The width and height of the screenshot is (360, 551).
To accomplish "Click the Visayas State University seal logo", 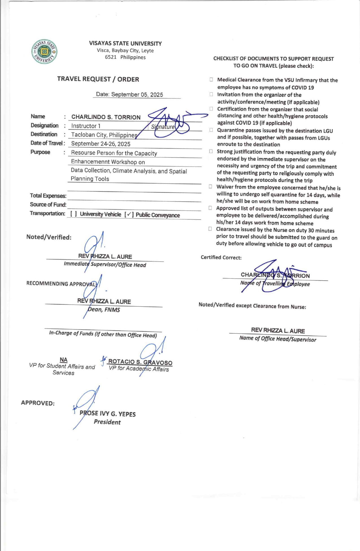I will click(x=44, y=52).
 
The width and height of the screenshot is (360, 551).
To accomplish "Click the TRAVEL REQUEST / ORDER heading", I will click(x=98, y=79).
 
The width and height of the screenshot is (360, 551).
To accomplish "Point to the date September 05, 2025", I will click(x=129, y=94).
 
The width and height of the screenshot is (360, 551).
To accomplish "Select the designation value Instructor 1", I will click(x=86, y=126).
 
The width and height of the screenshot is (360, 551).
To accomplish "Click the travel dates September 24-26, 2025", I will click(x=101, y=144).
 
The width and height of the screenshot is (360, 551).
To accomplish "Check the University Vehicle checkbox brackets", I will click(x=73, y=214).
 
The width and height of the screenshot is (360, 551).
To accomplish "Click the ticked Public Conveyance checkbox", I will click(x=129, y=215).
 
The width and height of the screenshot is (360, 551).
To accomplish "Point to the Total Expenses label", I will click(x=48, y=196).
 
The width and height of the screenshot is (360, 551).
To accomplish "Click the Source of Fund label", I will click(x=48, y=205).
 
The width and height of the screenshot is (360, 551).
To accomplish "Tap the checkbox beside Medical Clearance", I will click(x=211, y=80).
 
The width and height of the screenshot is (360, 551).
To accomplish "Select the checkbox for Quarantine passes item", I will click(x=211, y=130).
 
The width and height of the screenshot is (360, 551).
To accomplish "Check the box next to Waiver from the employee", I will click(x=210, y=186).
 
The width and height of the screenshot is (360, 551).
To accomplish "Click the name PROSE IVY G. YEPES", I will click(x=108, y=414).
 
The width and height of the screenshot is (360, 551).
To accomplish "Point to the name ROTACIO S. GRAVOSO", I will click(x=140, y=362).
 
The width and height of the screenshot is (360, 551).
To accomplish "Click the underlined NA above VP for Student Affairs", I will click(x=64, y=360).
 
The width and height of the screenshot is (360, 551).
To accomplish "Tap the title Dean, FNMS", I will click(x=104, y=310).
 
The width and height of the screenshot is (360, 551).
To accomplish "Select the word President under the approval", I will click(x=107, y=422).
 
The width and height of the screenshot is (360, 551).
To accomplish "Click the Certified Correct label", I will click(x=221, y=257).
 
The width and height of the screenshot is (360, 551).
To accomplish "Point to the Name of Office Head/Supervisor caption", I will click(x=278, y=339).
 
